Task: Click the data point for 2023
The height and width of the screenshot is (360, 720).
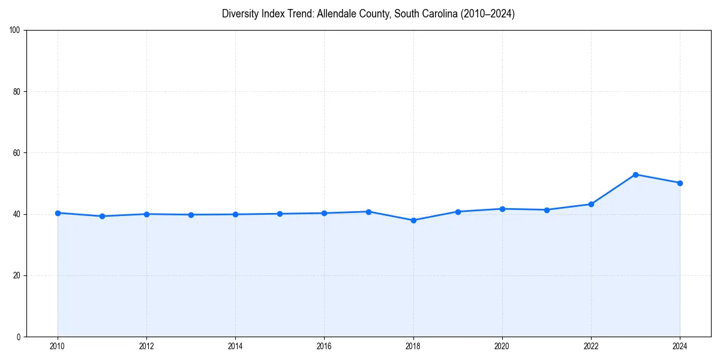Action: click(635, 175)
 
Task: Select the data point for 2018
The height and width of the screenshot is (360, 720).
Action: click(413, 220)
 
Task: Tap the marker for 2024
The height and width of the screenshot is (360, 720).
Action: click(680, 183)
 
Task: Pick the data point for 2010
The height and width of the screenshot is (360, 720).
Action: click(58, 213)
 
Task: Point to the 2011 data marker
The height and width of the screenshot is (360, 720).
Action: click(102, 216)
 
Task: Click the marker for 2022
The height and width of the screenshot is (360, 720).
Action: click(591, 204)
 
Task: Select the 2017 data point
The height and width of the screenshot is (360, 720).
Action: click(368, 212)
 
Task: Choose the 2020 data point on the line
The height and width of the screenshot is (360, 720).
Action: click(502, 209)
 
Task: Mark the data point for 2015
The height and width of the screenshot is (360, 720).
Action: click(280, 214)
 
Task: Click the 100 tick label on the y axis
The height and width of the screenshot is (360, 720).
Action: click(16, 30)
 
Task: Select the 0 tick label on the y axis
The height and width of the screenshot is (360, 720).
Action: click(19, 337)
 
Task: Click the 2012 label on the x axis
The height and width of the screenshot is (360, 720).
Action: click(146, 346)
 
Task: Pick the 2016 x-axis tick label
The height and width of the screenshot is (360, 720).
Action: click(324, 346)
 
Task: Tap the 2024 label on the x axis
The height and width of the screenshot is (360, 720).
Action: click(680, 346)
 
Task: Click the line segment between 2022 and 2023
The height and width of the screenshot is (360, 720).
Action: click(613, 190)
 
